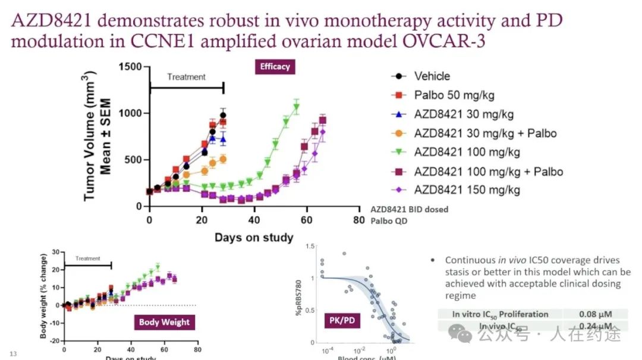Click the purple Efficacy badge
275,67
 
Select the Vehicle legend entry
432,76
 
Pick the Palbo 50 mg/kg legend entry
454,95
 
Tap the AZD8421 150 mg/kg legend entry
467,190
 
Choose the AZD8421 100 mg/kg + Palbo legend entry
488,172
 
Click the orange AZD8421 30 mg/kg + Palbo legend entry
485,133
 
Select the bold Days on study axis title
254,238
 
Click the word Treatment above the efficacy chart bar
186,77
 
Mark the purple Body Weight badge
164,322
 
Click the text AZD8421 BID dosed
409,209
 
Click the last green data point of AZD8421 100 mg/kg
296,107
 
